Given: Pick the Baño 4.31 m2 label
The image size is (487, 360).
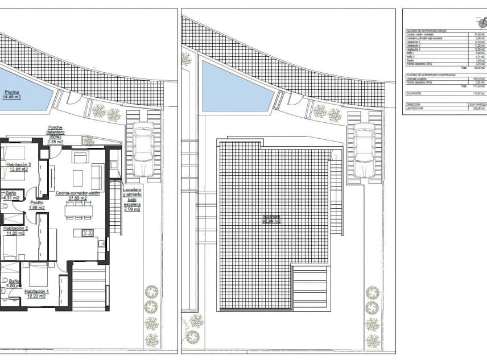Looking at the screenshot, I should pos(11,196).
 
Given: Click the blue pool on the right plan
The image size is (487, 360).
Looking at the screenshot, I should pos(233,88).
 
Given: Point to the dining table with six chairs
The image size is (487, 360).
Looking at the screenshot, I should pos(79,210).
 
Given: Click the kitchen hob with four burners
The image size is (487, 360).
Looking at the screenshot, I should pos(88,232).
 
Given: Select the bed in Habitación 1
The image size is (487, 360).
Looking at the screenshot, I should pos(39,275).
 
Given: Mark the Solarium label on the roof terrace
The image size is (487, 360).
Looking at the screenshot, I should pos(272,218).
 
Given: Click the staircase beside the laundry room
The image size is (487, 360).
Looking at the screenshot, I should pos(115,208).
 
